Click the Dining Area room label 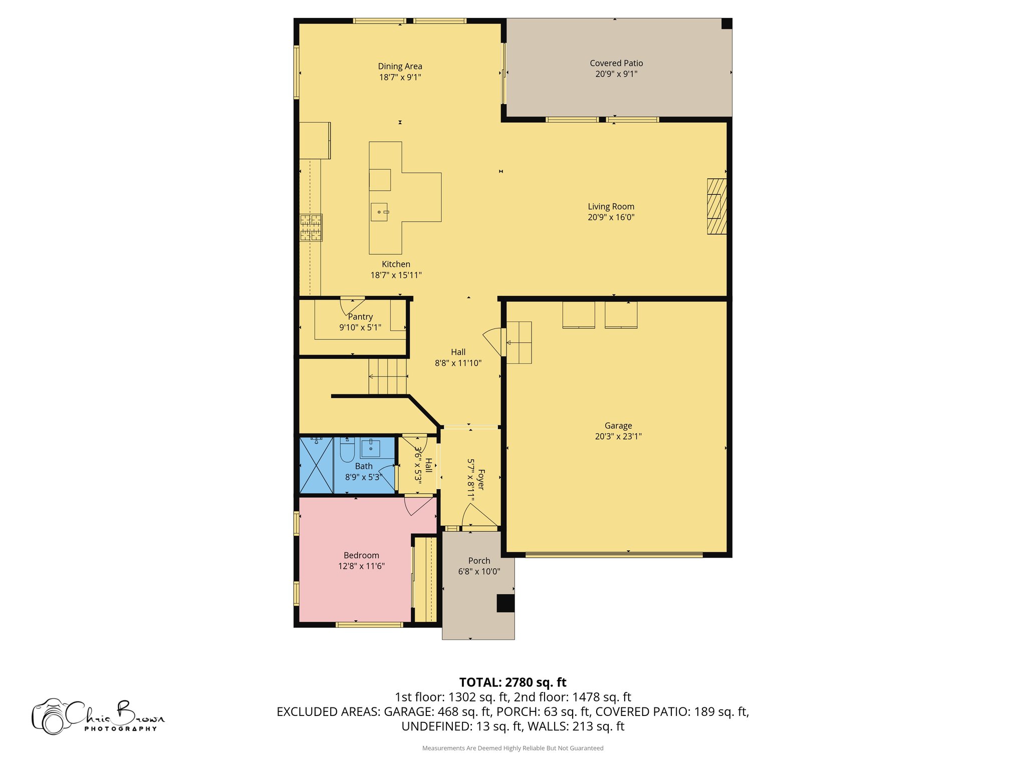click(400, 66)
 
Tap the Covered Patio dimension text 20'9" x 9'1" click(616, 74)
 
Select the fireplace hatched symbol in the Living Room click(716, 206)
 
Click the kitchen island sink click(379, 212)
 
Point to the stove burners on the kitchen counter click(311, 227)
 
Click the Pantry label click(360, 317)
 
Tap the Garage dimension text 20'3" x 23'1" click(618, 436)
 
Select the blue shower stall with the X click(316, 466)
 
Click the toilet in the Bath click(347, 450)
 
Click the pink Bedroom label click(361, 555)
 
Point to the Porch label click(479, 561)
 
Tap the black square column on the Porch click(505, 603)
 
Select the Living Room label click(611, 206)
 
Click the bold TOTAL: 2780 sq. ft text click(512, 682)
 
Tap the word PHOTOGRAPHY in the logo click(120, 728)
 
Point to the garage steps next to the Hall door click(519, 342)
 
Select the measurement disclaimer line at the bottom click(512, 748)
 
